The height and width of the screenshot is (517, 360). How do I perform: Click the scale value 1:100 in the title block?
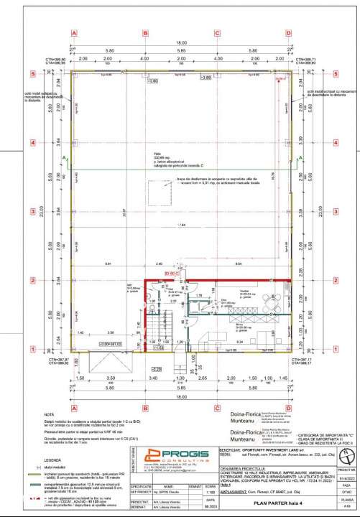point(189,493)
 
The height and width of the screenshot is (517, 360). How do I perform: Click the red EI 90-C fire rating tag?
point(171,274)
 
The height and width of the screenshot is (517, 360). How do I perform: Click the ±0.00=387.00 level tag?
point(119,344)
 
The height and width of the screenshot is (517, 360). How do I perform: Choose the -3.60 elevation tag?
point(153,82)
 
